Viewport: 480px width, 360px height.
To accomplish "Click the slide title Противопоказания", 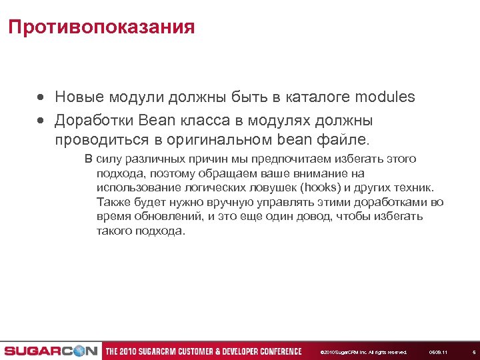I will click(x=101, y=27).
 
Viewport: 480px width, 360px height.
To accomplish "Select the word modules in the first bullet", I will click(x=385, y=97).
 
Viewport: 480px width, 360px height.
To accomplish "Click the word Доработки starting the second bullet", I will click(x=95, y=121).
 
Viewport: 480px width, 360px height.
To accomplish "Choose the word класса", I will click(x=211, y=121).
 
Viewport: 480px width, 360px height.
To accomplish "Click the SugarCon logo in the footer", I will click(x=50, y=351).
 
